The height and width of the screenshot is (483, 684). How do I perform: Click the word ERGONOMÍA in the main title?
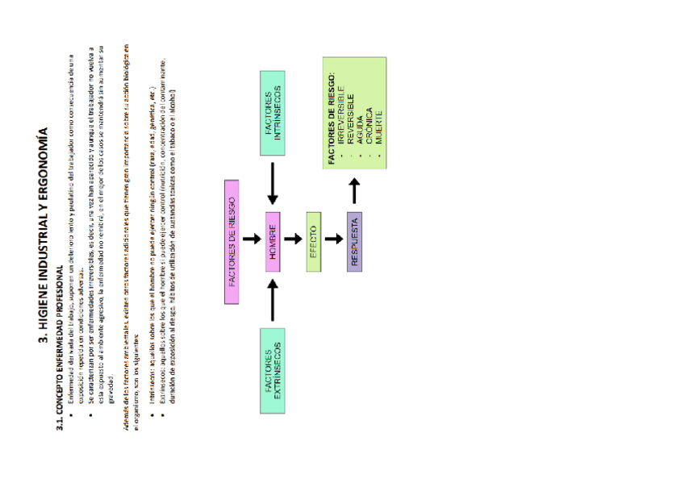[46, 164]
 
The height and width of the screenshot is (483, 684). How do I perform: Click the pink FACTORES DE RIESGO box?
[232, 242]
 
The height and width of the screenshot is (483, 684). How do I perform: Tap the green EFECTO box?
[314, 242]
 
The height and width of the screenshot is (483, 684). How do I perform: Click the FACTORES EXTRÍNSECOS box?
[272, 371]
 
